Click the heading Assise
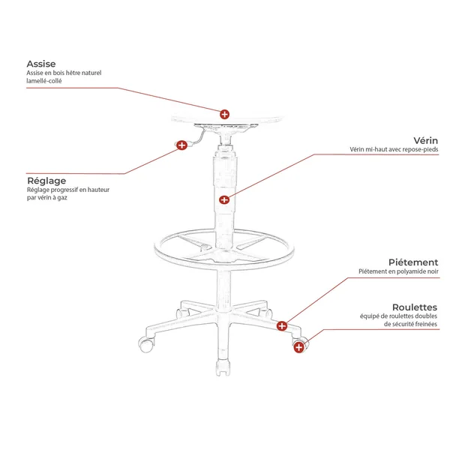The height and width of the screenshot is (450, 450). pos(41,64)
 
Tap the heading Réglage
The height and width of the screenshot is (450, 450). pos(46,181)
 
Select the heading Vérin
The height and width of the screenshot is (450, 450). pos(425,141)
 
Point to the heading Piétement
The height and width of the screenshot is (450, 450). pos(413,262)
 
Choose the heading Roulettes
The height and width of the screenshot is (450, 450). pos(415,307)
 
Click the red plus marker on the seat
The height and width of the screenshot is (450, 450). pos(224,114)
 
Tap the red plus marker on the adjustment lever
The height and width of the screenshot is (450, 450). pos(181,145)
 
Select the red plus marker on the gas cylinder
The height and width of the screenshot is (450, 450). pos(224,199)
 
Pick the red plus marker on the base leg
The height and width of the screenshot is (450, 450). pos(282,325)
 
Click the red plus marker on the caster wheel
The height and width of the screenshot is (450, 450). pos(298,347)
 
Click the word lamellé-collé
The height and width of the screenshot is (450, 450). pos(44,81)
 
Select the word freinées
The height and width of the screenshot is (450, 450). pos(425,324)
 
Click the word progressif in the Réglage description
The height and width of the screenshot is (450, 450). pos(64,190)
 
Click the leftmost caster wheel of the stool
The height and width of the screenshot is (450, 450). pos(145,344)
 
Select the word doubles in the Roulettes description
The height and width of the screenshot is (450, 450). pos(427,316)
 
